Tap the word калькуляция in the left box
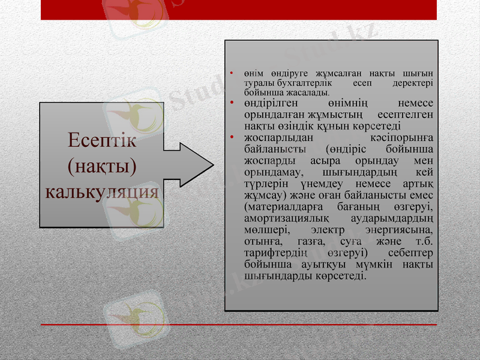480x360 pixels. click(103, 191)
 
